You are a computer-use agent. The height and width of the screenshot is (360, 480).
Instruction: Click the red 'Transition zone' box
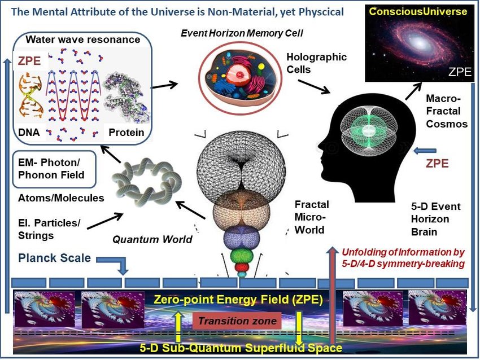click(x=237, y=321)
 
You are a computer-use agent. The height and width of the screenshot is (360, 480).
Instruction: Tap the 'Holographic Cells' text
click(x=316, y=63)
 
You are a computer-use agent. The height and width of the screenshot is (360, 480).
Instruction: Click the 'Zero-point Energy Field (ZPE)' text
click(x=238, y=300)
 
